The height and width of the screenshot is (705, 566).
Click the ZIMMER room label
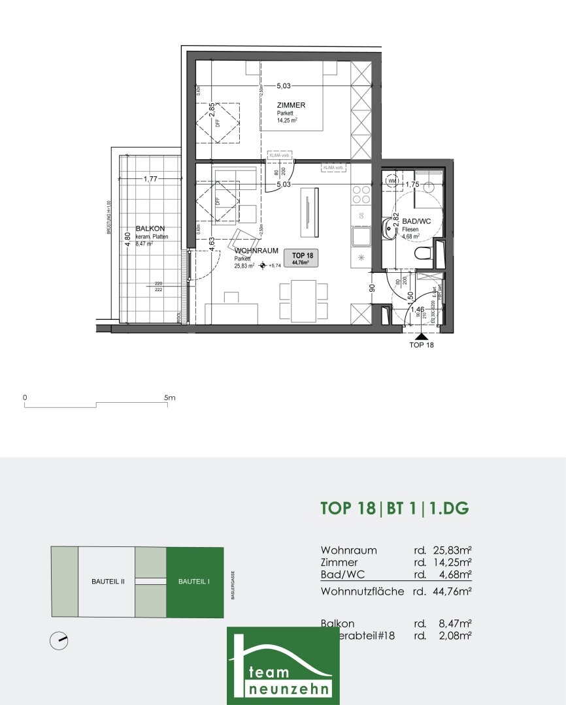(x=291, y=105)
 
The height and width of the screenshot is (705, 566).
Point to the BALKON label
(x=146, y=228)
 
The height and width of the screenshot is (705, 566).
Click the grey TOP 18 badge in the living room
(x=303, y=258)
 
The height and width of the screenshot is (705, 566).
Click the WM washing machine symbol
(x=393, y=181)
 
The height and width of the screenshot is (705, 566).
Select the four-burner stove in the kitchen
(x=361, y=195)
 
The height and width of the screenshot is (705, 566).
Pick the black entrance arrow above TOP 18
(x=420, y=336)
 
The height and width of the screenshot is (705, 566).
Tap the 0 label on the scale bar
(x=25, y=397)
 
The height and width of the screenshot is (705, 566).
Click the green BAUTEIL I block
(x=194, y=582)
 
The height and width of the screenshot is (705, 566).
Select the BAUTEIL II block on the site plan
(x=107, y=582)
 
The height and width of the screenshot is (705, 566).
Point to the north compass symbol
(x=59, y=641)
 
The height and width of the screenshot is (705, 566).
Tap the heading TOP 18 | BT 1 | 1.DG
(x=395, y=509)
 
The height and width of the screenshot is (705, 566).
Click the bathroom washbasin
(x=390, y=227)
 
